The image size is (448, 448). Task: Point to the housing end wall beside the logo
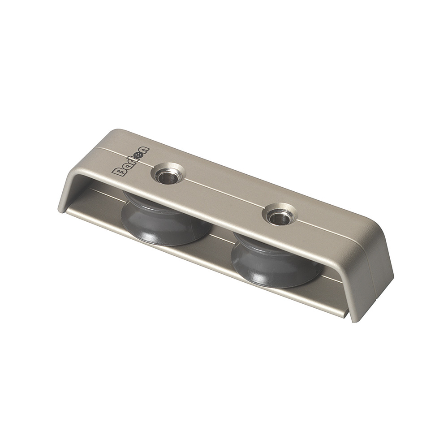[x=74, y=188]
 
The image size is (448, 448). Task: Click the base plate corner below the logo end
[x=67, y=211]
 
